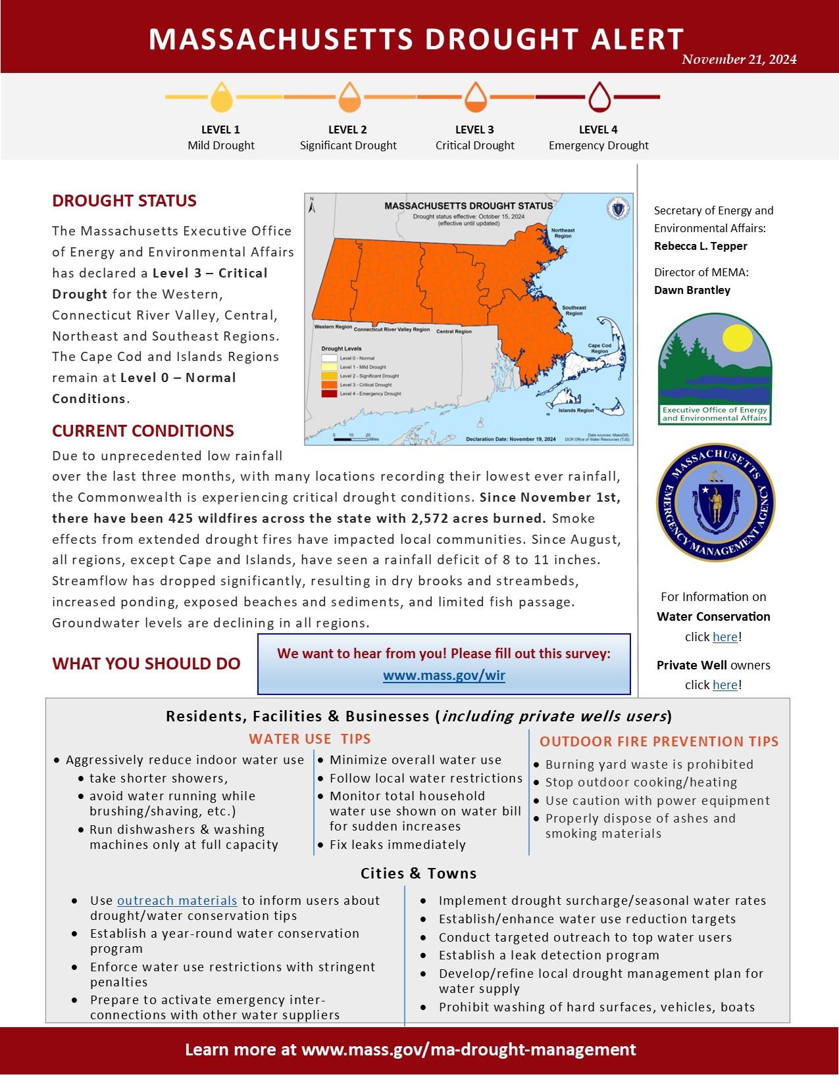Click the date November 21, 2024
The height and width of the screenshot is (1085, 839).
coord(739,60)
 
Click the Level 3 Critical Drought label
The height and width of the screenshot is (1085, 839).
coord(474,137)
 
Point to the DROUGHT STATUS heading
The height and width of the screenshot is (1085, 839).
coord(124,201)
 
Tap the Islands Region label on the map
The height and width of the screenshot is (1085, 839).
coord(576,410)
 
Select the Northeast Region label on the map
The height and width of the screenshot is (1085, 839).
coord(562,233)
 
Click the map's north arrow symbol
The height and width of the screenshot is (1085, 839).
coord(313,206)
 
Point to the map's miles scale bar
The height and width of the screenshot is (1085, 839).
coord(351,438)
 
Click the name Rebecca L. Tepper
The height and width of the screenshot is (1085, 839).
coord(700,246)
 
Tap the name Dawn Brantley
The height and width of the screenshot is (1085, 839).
coord(692,290)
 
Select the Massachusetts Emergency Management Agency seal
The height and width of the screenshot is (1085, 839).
coord(715,502)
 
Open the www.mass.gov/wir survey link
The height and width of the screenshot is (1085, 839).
coord(444,675)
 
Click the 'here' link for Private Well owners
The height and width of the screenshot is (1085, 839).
coord(725,685)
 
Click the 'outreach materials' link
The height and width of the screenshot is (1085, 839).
coord(177,900)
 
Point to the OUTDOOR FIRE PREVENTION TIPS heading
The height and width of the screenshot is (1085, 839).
coord(659,741)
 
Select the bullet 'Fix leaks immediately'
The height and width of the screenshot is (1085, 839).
coord(397,844)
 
